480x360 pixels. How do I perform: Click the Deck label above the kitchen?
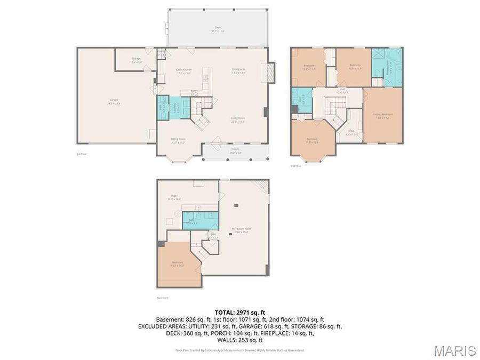tap(218, 29)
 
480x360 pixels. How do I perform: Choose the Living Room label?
tap(238, 119)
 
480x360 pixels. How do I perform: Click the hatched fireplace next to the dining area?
tap(271, 72)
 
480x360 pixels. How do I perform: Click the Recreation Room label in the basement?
tap(242, 230)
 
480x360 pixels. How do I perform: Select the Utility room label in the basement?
tap(174, 197)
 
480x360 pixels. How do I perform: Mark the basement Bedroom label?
tap(178, 263)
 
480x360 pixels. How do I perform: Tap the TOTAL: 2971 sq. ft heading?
tap(239, 312)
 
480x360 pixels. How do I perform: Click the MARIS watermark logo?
tap(454, 350)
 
